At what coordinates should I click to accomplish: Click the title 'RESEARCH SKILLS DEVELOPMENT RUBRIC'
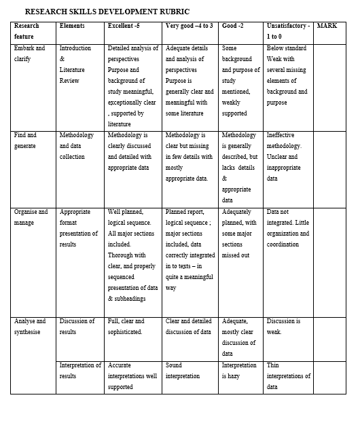click(107, 12)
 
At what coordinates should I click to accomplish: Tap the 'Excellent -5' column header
click(124, 25)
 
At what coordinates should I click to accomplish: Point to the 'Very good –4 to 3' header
click(190, 25)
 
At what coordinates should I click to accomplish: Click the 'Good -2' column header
click(234, 25)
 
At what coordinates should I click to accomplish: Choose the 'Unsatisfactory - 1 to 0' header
click(288, 31)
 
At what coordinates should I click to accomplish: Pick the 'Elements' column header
click(72, 25)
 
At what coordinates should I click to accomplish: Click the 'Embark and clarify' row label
click(30, 54)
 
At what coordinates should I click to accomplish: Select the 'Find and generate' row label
click(26, 141)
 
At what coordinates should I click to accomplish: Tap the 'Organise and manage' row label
click(31, 217)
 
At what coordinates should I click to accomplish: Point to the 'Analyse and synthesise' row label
click(30, 327)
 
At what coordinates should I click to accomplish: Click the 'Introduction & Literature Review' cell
click(75, 65)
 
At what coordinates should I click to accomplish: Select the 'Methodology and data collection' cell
click(77, 146)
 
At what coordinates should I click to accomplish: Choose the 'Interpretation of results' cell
click(80, 371)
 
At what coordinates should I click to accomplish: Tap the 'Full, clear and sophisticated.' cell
click(126, 327)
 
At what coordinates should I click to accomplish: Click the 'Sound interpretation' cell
click(183, 371)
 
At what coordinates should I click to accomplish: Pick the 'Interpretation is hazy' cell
click(239, 371)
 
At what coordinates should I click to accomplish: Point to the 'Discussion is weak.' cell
click(283, 327)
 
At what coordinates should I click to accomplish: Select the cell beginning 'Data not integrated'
click(288, 223)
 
